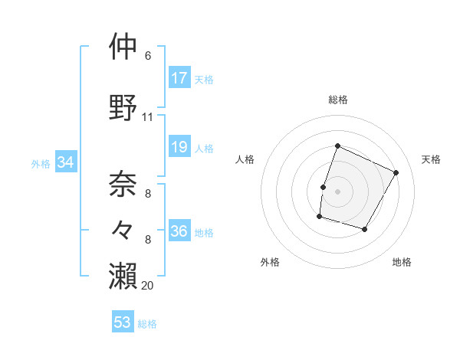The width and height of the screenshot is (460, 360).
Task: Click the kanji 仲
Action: (x=123, y=47)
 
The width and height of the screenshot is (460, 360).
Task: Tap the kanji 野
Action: (x=123, y=107)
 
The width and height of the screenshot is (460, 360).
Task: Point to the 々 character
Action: (x=123, y=228)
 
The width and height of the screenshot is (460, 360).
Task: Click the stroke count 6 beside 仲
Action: (x=147, y=56)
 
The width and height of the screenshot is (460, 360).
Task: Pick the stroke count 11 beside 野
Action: (x=147, y=117)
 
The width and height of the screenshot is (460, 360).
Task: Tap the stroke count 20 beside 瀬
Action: (x=147, y=285)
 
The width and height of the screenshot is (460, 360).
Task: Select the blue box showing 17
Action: (x=179, y=78)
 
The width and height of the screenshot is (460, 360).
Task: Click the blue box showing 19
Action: (x=179, y=148)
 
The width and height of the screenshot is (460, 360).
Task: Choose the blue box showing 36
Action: (x=179, y=231)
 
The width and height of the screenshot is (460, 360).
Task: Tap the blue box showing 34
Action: (x=65, y=162)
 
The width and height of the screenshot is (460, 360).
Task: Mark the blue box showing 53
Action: (x=123, y=322)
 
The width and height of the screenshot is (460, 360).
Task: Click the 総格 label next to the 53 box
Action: (x=147, y=324)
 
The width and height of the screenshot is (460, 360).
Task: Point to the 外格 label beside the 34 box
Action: (x=40, y=163)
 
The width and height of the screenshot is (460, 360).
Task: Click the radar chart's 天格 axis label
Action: (x=431, y=159)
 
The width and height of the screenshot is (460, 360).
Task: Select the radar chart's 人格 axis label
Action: (x=245, y=159)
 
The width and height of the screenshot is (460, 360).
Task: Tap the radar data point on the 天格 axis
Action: (x=396, y=172)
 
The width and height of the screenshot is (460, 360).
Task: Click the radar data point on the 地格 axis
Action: (x=364, y=229)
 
